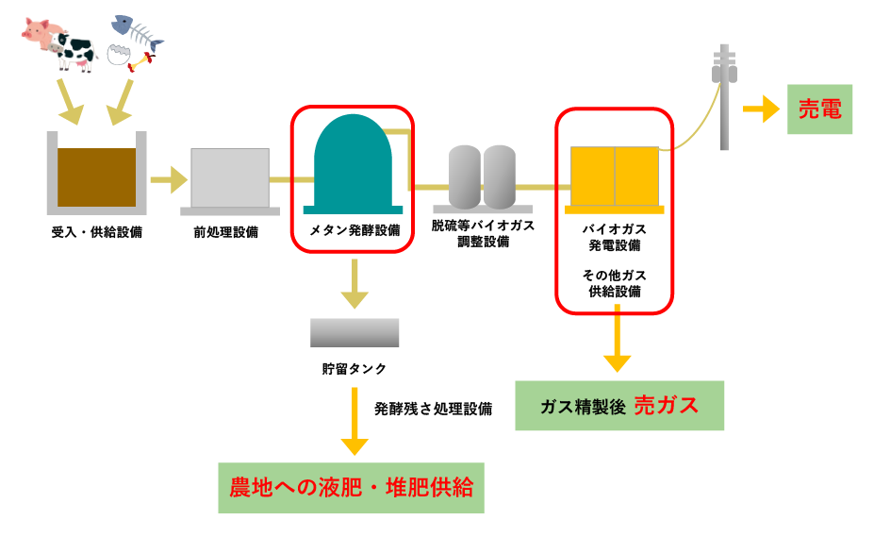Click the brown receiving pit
coord(96,177)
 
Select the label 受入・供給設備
coord(97,232)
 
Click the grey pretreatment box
coord(230,177)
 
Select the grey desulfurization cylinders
coord(483,176)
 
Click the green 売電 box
coord(819,109)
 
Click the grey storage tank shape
coord(355,332)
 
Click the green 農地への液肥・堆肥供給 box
coord(352,487)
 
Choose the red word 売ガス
coord(667,406)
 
